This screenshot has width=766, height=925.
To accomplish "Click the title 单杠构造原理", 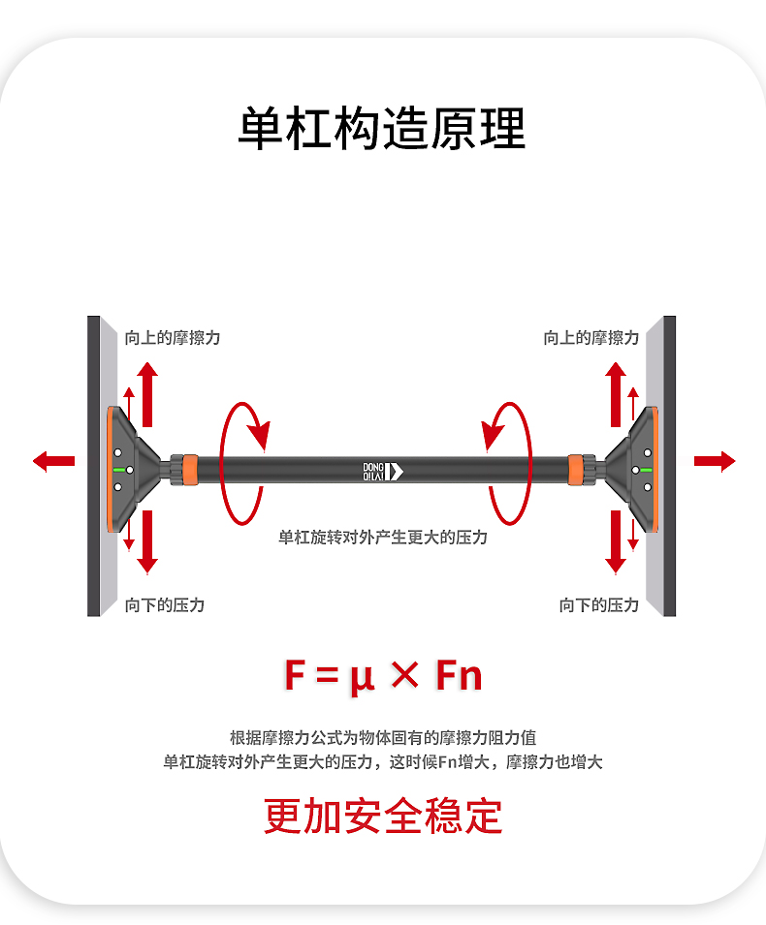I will [x=382, y=129].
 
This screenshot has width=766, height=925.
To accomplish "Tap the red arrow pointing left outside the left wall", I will [x=53, y=461].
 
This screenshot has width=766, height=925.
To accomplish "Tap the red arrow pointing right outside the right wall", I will [x=715, y=461].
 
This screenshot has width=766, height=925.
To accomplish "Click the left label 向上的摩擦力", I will [x=173, y=338].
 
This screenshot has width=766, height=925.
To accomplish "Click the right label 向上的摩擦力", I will [x=591, y=338].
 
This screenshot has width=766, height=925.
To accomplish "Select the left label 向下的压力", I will [x=165, y=604].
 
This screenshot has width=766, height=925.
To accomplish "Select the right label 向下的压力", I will [x=599, y=604].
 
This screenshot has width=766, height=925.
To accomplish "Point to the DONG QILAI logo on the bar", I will [x=382, y=471].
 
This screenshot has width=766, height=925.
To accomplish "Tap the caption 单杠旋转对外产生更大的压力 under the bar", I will [x=383, y=537].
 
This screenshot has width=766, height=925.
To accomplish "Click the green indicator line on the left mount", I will [x=120, y=470].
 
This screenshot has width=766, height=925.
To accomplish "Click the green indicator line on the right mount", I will [x=644, y=470].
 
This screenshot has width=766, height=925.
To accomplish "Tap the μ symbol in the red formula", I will [x=362, y=676].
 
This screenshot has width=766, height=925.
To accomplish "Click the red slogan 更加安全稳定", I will [x=383, y=816].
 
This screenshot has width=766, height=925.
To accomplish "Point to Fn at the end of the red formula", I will [x=459, y=676].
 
